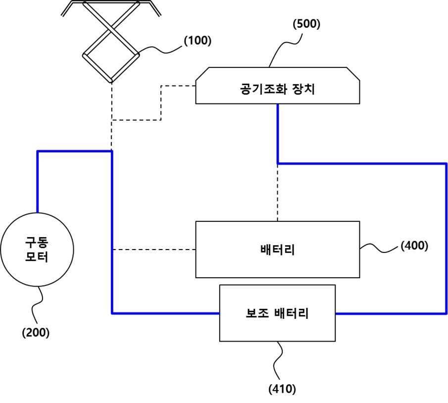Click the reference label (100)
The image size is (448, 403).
(x=198, y=41)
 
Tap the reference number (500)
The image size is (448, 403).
(x=306, y=24)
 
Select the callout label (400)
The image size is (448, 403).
(x=414, y=246)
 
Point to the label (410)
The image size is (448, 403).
(x=282, y=389)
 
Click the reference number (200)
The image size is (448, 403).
(x=36, y=332)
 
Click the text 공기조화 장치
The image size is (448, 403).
(x=277, y=89)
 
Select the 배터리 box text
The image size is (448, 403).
(x=277, y=250)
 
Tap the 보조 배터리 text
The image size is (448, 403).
(x=277, y=313)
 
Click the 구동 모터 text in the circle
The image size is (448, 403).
(x=37, y=249)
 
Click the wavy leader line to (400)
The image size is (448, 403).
(x=379, y=248)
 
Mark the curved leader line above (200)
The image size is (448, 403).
(x=38, y=305)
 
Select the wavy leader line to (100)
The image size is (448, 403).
(x=160, y=50)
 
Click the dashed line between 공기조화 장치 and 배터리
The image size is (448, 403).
(x=277, y=193)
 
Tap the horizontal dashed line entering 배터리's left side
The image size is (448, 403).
(x=154, y=250)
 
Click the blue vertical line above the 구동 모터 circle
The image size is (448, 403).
(x=38, y=182)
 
